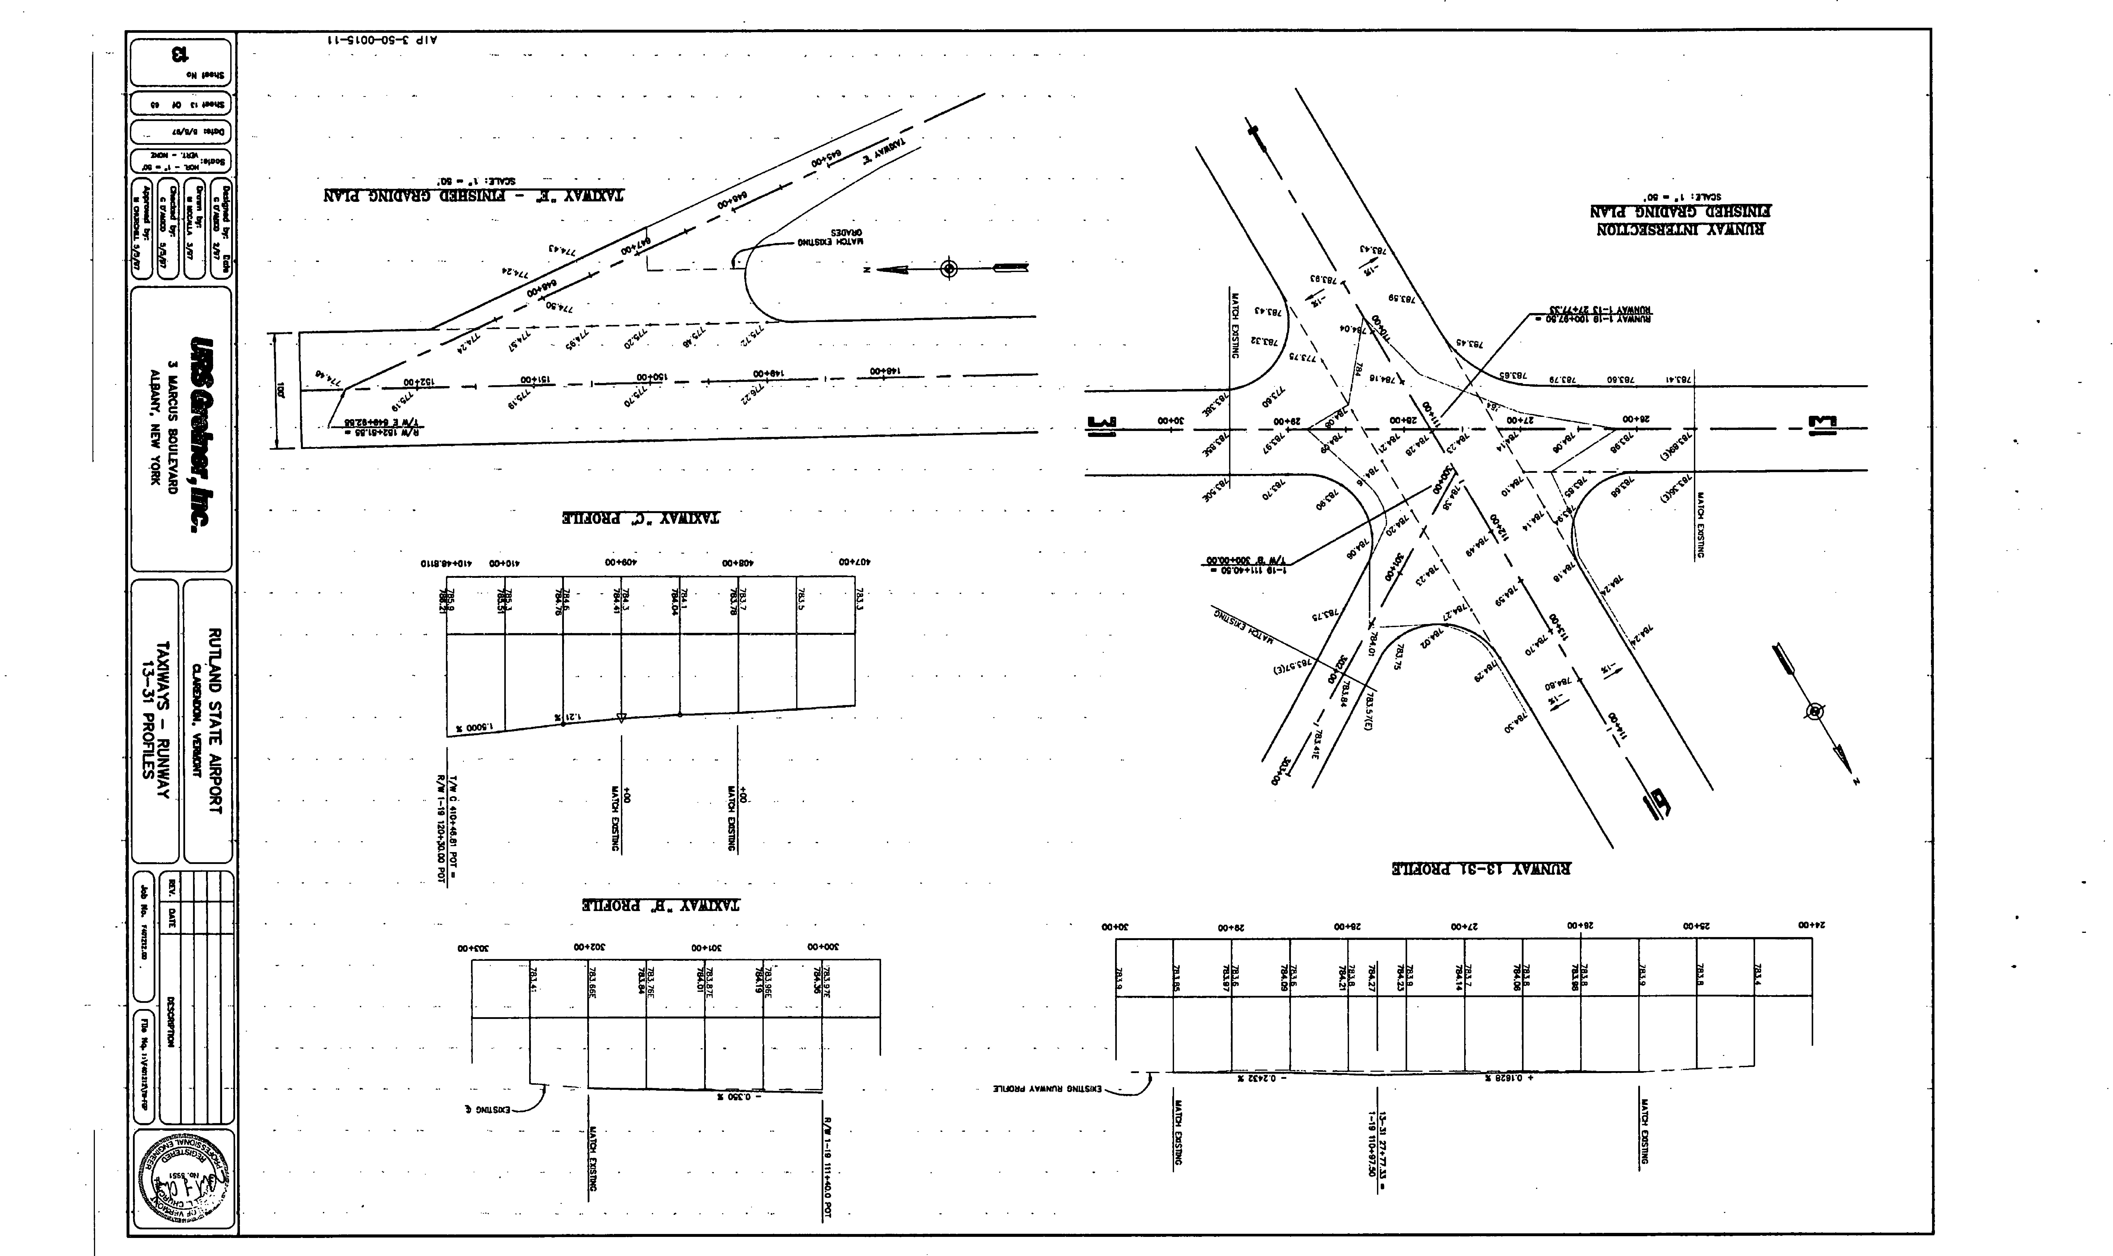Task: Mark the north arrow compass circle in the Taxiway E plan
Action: (950, 269)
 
